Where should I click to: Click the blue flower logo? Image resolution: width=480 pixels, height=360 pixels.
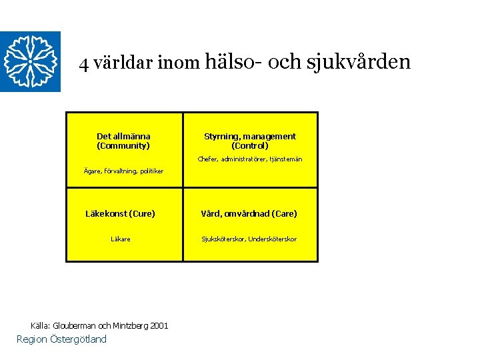pyautogui.click(x=30, y=61)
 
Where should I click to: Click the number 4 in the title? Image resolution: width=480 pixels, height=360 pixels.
pyautogui.click(x=83, y=64)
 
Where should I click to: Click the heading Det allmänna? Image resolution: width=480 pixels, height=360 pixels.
pyautogui.click(x=123, y=136)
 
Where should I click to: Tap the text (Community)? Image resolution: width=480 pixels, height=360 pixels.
pyautogui.click(x=123, y=145)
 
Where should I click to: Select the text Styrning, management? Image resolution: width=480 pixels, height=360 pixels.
pyautogui.click(x=250, y=136)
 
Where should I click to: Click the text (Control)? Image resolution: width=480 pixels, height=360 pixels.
pyautogui.click(x=250, y=145)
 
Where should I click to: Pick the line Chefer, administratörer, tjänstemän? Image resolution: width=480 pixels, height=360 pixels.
pyautogui.click(x=250, y=159)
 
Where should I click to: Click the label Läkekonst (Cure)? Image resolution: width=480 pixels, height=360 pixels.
pyautogui.click(x=121, y=214)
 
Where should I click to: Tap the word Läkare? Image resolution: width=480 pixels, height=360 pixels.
pyautogui.click(x=121, y=239)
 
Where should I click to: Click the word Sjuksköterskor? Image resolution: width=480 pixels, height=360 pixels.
pyautogui.click(x=224, y=239)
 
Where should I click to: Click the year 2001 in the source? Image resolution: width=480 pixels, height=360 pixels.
pyautogui.click(x=159, y=325)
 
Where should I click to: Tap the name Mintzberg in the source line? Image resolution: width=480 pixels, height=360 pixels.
pyautogui.click(x=131, y=325)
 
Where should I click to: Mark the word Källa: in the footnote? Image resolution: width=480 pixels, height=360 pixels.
pyautogui.click(x=41, y=325)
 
